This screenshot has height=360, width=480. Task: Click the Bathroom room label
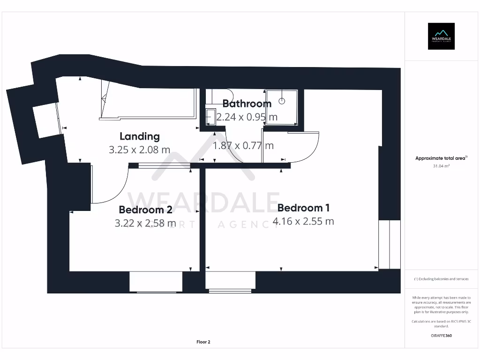[247, 104]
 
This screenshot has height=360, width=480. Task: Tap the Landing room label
[140, 136]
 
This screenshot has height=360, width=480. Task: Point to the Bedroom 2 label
[145, 210]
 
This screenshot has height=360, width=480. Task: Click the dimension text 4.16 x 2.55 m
[303, 221]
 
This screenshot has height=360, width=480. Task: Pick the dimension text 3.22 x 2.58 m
[145, 223]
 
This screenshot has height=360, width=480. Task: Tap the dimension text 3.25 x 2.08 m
[140, 150]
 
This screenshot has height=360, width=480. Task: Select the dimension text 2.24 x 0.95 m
[247, 117]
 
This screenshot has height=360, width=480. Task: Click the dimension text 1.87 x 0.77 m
[243, 146]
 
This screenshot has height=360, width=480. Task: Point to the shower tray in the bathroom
[281, 106]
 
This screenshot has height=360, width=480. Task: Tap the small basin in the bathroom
[210, 117]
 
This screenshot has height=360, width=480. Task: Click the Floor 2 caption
[203, 342]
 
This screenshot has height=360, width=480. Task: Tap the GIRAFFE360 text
[441, 336]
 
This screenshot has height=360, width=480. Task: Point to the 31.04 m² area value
[441, 165]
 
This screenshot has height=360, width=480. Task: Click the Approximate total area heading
[441, 158]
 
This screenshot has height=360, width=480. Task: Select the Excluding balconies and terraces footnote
[441, 279]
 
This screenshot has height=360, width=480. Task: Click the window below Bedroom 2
[156, 282]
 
